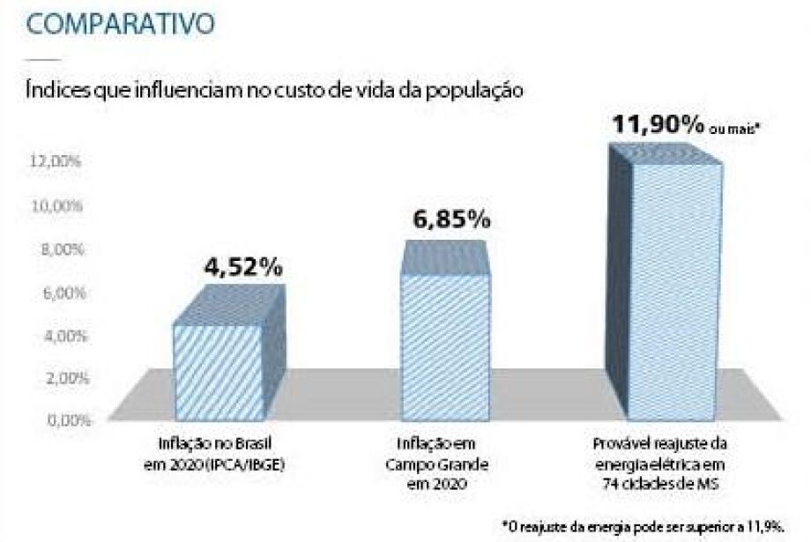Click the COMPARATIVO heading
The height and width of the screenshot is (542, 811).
(121, 23)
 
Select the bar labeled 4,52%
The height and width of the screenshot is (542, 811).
(218, 371)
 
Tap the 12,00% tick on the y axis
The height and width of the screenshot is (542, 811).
(57, 163)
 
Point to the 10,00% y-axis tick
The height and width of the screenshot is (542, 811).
(57, 206)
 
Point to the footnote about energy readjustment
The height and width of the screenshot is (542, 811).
(654, 526)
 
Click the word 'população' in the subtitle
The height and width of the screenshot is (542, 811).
(477, 90)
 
